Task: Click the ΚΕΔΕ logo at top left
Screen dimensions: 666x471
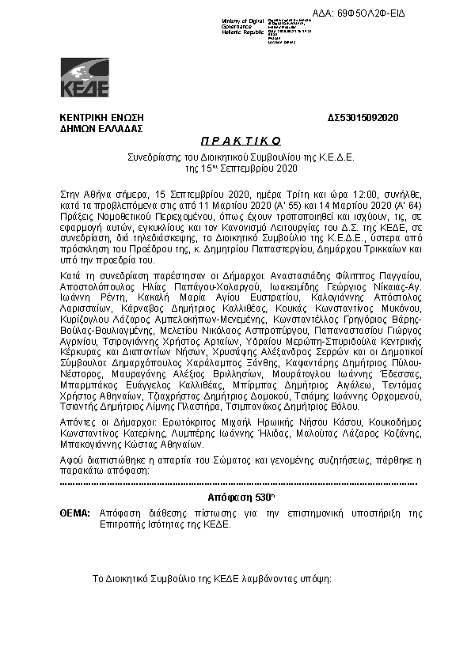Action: point(85,78)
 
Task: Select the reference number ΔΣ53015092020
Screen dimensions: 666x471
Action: point(363,118)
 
